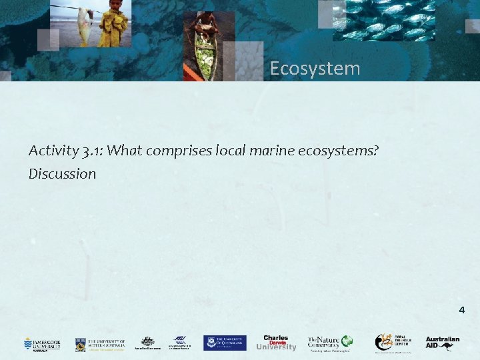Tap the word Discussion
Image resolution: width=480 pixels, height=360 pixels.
(62, 174)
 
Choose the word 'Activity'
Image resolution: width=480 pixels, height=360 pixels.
(53, 151)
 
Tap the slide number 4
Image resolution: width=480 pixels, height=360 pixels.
(461, 310)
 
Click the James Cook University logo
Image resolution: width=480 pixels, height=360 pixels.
(42, 343)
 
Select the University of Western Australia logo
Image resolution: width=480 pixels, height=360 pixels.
(100, 343)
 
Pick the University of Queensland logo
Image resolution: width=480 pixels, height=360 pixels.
(225, 343)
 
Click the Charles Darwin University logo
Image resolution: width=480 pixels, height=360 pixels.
(275, 343)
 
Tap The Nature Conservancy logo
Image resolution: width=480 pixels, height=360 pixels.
(329, 343)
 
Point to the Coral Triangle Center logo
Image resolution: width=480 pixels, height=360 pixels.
(393, 343)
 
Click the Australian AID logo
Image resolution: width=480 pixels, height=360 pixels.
(443, 343)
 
